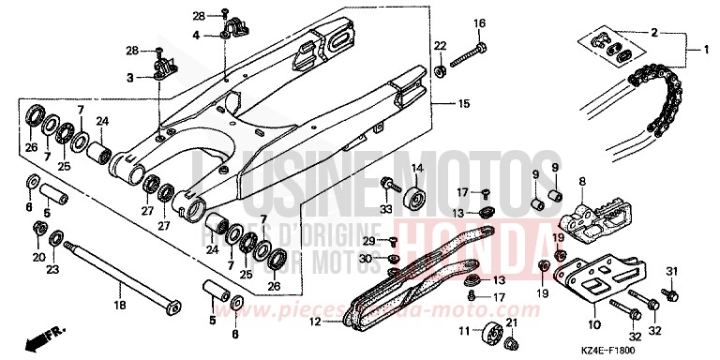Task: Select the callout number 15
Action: pyautogui.click(x=462, y=103)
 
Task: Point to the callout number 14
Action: pyautogui.click(x=417, y=168)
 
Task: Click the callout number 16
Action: pyautogui.click(x=479, y=23)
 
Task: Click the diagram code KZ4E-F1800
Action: pyautogui.click(x=670, y=348)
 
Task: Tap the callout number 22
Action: pyautogui.click(x=440, y=46)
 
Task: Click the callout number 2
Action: pyautogui.click(x=652, y=32)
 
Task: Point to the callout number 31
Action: pyautogui.click(x=671, y=272)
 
